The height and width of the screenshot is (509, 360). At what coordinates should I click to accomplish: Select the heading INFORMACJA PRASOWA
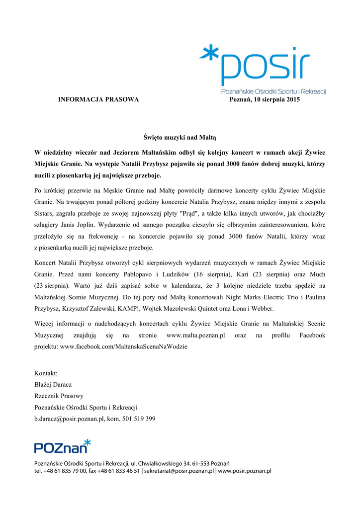coord(98,100)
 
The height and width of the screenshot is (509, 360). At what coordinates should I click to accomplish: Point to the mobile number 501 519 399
coord(140,419)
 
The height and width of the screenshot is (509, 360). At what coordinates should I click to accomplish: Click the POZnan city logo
coord(62,446)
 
